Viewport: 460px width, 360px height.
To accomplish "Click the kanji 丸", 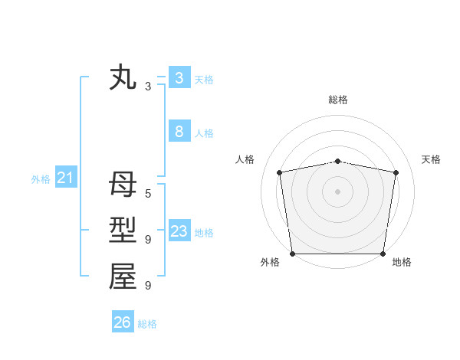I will tap(123, 79).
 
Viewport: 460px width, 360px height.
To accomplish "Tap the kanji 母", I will tap(123, 185).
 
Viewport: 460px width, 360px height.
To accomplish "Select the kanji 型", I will tap(123, 231).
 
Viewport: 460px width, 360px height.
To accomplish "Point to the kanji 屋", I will tap(123, 277).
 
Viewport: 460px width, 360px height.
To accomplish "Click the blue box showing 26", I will tap(123, 322).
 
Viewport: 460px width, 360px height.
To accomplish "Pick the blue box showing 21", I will tap(65, 178).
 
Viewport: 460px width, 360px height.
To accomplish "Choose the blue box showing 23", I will tap(179, 232).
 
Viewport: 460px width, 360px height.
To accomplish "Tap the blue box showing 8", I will tap(179, 132).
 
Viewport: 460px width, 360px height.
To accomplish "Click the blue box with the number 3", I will tap(179, 77).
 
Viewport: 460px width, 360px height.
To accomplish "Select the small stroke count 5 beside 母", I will tap(148, 194).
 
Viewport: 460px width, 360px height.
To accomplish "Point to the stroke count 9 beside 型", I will tap(148, 240).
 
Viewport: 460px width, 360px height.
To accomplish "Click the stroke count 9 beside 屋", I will tap(148, 286).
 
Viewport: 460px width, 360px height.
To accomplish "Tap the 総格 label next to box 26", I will tap(147, 324).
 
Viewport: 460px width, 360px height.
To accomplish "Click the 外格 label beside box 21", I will tap(41, 179).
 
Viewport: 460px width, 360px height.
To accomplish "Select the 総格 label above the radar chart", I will tap(338, 100).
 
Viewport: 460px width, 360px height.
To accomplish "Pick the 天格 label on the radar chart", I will tap(431, 159).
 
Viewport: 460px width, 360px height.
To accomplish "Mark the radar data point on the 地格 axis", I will tap(383, 254).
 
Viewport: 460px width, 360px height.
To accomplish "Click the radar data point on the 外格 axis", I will tap(292, 254).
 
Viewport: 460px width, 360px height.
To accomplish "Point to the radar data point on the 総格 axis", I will tap(338, 161).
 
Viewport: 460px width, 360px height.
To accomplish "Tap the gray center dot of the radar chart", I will tap(338, 191).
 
